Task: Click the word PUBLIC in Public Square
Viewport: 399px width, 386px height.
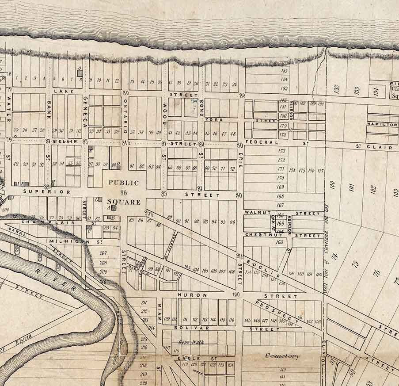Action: pyautogui.click(x=124, y=183)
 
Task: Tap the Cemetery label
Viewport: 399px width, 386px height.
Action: pyautogui.click(x=281, y=356)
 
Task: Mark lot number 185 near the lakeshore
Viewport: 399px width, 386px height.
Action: pyautogui.click(x=284, y=70)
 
